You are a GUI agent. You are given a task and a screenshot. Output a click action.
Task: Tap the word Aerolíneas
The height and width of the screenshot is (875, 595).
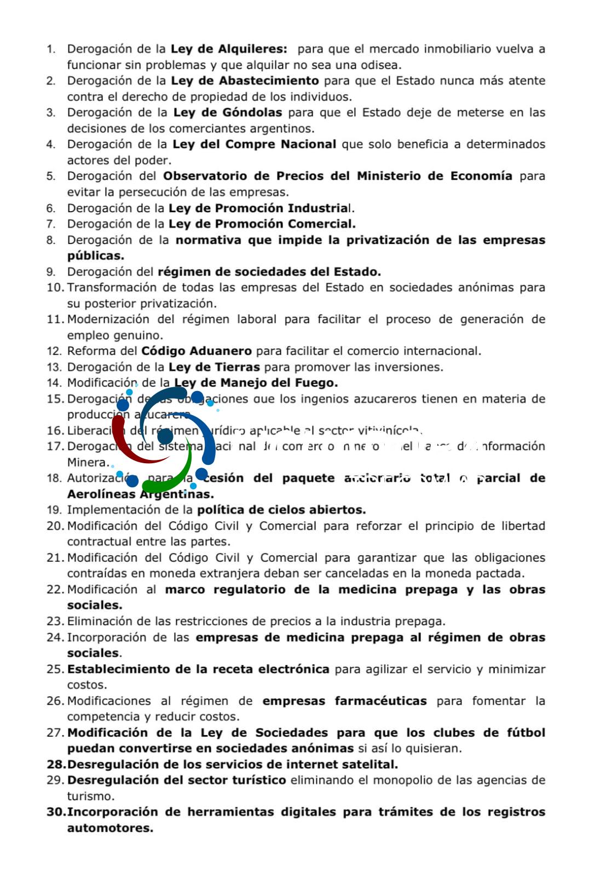pyautogui.click(x=101, y=494)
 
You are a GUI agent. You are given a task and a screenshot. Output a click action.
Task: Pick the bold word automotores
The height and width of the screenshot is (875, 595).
pyautogui.click(x=110, y=829)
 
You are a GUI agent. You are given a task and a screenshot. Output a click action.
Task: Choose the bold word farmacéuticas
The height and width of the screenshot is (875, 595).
pyautogui.click(x=380, y=701)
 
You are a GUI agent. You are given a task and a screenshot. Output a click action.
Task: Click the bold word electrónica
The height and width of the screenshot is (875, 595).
pyautogui.click(x=293, y=669)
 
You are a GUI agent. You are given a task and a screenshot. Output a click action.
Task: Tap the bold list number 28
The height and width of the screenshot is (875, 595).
pyautogui.click(x=55, y=765)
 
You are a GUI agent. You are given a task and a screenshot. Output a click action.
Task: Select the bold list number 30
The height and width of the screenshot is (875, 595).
pyautogui.click(x=56, y=813)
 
